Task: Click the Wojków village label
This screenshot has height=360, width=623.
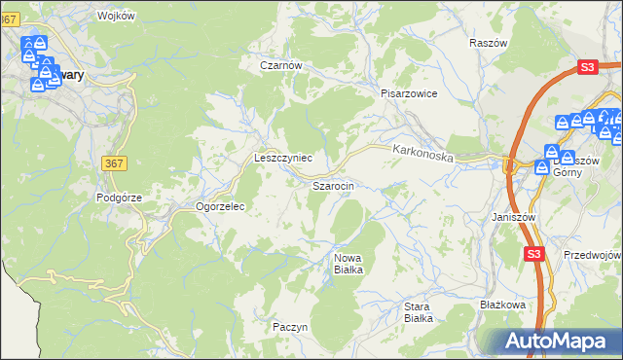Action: click(x=116, y=17)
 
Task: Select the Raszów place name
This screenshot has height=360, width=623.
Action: click(x=489, y=44)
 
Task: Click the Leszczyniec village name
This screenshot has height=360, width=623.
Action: click(x=282, y=157)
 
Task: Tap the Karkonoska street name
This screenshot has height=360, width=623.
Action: click(x=423, y=153)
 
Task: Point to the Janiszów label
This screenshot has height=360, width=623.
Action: click(x=514, y=217)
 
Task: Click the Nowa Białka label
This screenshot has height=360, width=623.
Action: click(x=348, y=263)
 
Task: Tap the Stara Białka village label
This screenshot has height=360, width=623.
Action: click(x=418, y=311)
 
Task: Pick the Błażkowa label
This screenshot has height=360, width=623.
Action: click(x=502, y=305)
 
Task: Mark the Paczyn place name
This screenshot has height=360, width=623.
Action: click(x=290, y=327)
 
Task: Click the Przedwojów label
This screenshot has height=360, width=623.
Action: click(x=592, y=254)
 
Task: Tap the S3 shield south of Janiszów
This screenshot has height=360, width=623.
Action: click(x=532, y=254)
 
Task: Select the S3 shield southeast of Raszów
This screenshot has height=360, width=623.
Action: click(x=586, y=67)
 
